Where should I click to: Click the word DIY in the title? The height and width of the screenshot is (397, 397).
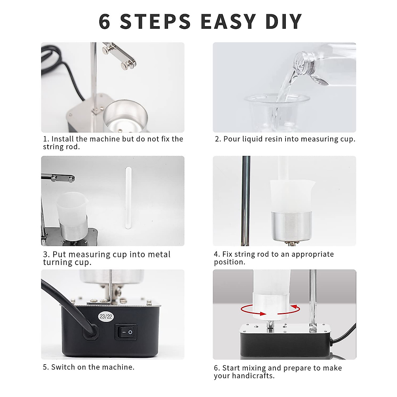(284, 22)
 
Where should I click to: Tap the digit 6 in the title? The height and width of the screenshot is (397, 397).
(105, 22)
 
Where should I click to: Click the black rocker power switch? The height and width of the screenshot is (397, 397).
(126, 332)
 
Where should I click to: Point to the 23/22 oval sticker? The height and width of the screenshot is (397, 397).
(106, 317)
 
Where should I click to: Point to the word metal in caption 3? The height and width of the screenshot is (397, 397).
(159, 254)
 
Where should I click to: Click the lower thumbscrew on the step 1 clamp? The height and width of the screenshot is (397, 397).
(126, 65)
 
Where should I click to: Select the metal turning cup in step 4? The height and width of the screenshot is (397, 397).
(291, 226)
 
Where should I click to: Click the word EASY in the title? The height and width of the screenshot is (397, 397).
(228, 22)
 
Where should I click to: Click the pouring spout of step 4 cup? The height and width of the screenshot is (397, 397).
(313, 182)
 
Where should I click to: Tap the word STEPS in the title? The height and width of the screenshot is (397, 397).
(155, 22)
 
